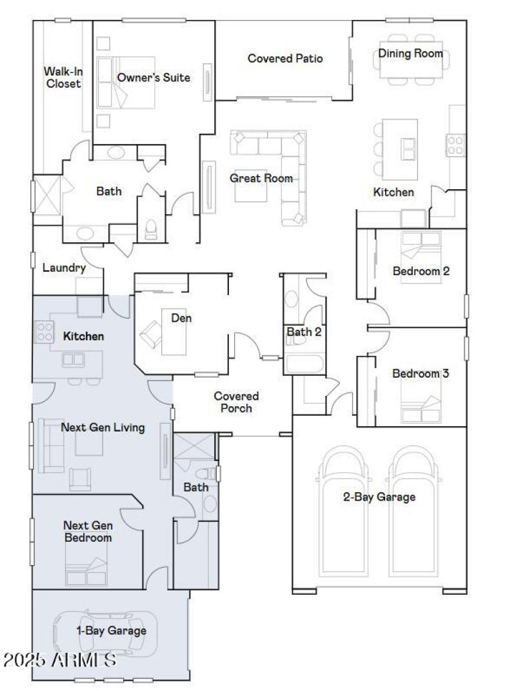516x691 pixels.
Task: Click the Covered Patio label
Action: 285,59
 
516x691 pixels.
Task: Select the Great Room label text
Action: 261,178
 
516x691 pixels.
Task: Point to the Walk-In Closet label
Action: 63,77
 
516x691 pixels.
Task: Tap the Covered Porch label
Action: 236,402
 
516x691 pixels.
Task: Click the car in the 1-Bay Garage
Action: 106,633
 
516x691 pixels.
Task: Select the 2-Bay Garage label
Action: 379,497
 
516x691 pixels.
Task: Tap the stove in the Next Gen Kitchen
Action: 44,332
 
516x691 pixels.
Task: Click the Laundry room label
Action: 64,267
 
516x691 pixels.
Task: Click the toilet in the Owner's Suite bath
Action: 152,229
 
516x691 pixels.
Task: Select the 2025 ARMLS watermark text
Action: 60,660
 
